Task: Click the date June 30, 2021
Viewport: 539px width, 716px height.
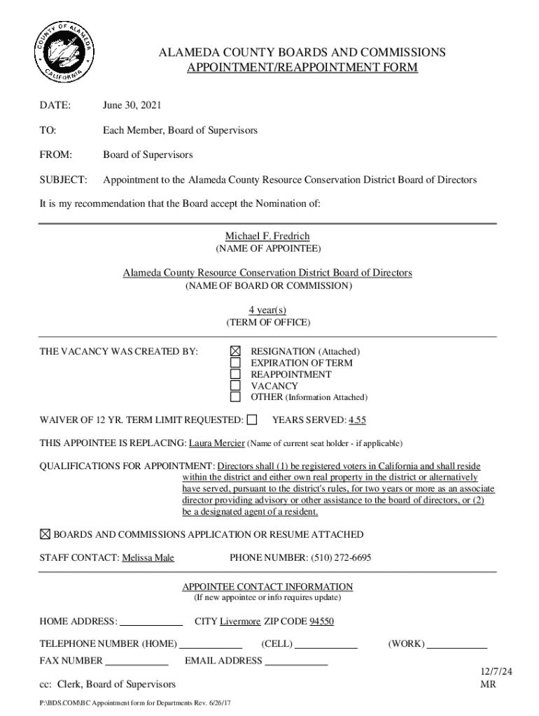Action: (132, 106)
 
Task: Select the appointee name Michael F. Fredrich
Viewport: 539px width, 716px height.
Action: (267, 236)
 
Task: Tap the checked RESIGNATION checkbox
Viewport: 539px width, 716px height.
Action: (236, 351)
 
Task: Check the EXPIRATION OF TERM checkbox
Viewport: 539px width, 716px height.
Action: (236, 363)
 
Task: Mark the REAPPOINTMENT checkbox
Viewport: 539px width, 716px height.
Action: (236, 374)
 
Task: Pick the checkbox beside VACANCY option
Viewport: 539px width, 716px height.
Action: (236, 386)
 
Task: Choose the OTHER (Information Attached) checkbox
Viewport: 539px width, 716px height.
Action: (236, 397)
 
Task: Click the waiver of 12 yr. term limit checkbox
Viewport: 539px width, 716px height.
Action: (252, 420)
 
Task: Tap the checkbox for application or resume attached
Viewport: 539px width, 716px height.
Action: (45, 534)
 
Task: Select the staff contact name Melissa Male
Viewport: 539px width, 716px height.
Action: (148, 557)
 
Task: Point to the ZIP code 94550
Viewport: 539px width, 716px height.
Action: (322, 621)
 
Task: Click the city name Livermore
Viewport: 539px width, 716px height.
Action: (240, 621)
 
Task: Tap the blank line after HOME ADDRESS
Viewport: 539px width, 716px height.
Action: (151, 622)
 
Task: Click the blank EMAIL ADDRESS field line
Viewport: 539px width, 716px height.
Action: (296, 661)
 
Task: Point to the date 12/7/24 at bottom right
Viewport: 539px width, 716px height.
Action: (496, 671)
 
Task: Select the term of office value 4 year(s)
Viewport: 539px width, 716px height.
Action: (267, 310)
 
